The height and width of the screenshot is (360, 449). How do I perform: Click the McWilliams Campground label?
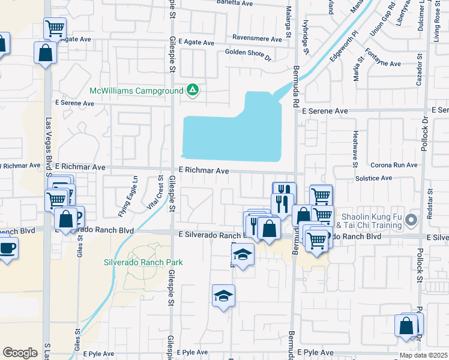(x=136, y=91)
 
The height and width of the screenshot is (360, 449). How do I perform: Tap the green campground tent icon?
(x=192, y=91)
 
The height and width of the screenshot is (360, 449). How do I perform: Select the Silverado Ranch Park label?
(x=143, y=262)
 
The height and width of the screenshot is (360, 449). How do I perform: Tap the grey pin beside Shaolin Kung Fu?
(x=411, y=220)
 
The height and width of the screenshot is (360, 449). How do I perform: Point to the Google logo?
(x=20, y=353)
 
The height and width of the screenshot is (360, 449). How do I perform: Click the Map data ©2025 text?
(x=423, y=355)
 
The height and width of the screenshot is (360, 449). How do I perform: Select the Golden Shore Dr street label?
(x=248, y=52)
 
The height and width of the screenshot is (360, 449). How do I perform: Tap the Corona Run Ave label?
(x=393, y=164)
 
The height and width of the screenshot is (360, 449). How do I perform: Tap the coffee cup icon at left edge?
(x=7, y=248)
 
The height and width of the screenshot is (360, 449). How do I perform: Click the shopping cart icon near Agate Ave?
(x=55, y=28)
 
